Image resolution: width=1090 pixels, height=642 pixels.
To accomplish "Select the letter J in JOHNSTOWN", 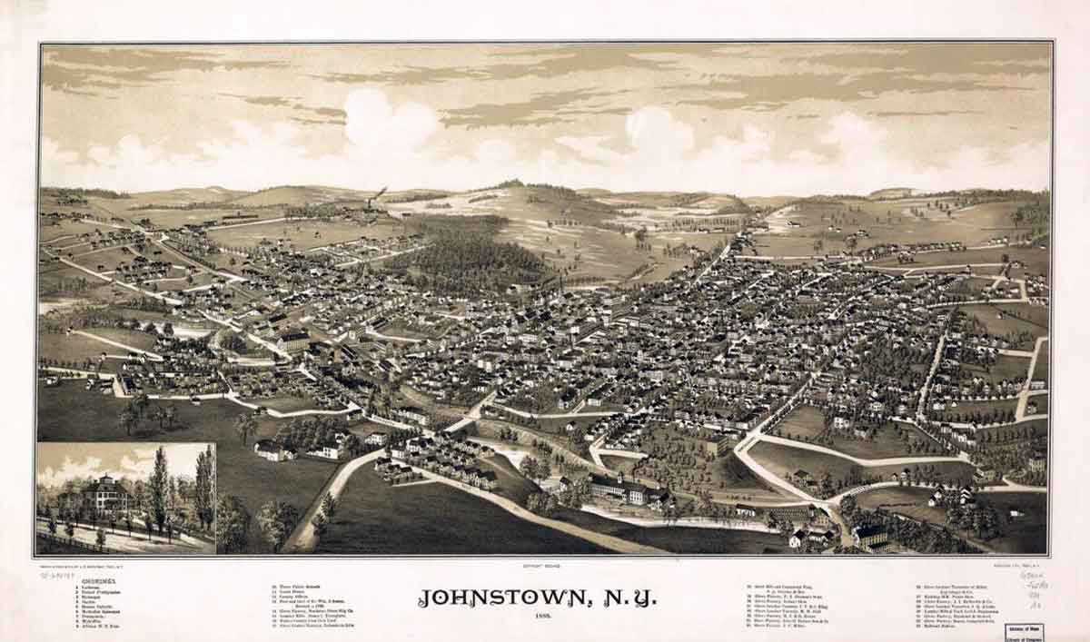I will click(x=425, y=598).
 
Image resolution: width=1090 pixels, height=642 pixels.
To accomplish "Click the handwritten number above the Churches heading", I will click(x=58, y=575).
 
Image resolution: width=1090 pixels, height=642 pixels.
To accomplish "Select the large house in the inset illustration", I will click(x=105, y=496).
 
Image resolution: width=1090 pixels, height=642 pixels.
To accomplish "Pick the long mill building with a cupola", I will click(x=626, y=490).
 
